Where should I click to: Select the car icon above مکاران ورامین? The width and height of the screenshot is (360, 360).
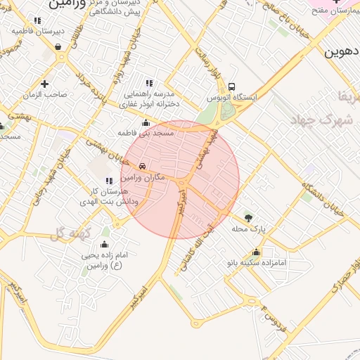[x=143, y=167]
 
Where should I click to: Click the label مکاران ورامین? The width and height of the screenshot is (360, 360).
[x=143, y=178]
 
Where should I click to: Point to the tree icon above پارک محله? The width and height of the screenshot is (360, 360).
[x=249, y=217]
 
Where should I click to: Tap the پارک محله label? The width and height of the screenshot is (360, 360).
[x=249, y=229]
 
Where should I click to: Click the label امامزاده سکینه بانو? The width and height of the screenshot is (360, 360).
[x=257, y=263]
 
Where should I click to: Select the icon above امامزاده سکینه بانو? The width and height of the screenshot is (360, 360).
[x=256, y=252]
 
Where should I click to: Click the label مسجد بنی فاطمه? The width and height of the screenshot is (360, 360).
[x=145, y=132]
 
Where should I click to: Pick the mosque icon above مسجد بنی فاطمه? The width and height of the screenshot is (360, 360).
[x=146, y=122]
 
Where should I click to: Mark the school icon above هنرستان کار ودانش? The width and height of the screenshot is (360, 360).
[x=108, y=181]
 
